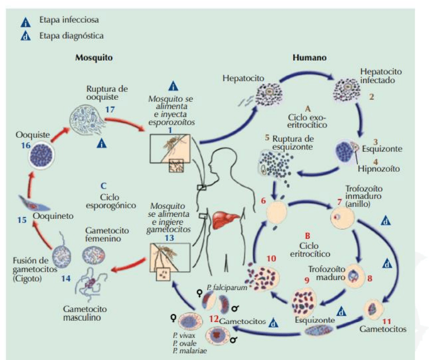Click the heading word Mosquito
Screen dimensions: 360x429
click(x=94, y=57)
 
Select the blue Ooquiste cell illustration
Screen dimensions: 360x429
click(x=40, y=157)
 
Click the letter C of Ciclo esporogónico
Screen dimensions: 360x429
click(x=104, y=185)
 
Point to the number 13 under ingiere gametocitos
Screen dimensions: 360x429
click(x=169, y=238)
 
